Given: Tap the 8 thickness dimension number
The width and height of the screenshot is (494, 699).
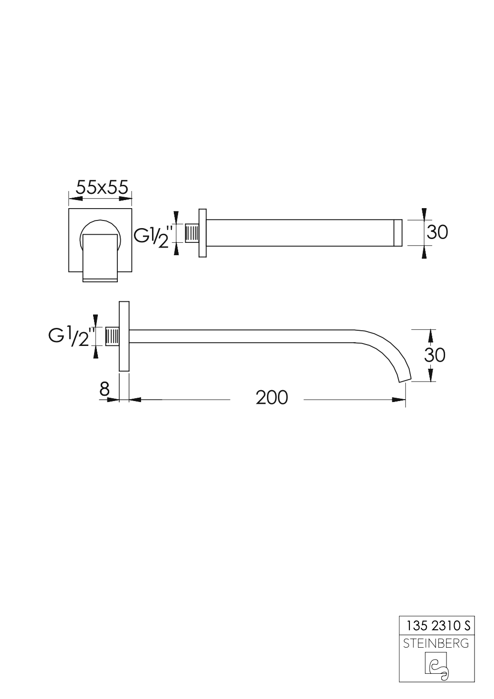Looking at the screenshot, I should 104,389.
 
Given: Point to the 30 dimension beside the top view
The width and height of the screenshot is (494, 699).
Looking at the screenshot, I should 437,232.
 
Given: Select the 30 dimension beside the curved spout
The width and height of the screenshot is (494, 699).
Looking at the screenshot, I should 434,354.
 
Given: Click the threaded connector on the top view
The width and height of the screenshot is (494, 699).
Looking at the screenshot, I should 192,234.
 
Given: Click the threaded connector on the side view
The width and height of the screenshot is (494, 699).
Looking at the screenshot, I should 112,337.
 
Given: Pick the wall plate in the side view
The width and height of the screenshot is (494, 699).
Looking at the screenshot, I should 124,336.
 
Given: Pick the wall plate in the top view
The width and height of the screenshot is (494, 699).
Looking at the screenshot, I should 203,233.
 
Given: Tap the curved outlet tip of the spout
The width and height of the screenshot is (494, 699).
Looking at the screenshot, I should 404,378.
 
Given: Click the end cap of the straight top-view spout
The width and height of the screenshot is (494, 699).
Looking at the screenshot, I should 399,233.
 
